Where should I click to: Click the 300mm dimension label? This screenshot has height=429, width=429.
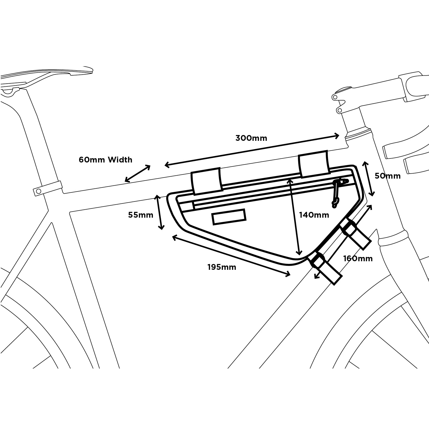[x=251, y=138]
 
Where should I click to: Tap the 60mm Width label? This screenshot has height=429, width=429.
[x=105, y=160]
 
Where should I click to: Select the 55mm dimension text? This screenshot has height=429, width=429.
[x=141, y=215]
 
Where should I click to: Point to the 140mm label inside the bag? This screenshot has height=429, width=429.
[x=314, y=215]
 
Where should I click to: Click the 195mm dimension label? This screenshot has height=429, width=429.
[x=222, y=267]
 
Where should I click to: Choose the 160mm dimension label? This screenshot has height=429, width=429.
[x=358, y=258]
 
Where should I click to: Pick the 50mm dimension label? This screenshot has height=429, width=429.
[x=387, y=176]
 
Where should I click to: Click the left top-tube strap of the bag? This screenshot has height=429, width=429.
[x=207, y=181]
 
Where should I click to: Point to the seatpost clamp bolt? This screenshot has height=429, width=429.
[x=38, y=191]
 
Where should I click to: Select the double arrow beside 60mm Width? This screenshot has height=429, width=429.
[x=138, y=173]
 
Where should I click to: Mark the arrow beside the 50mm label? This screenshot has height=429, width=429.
[x=368, y=179]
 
